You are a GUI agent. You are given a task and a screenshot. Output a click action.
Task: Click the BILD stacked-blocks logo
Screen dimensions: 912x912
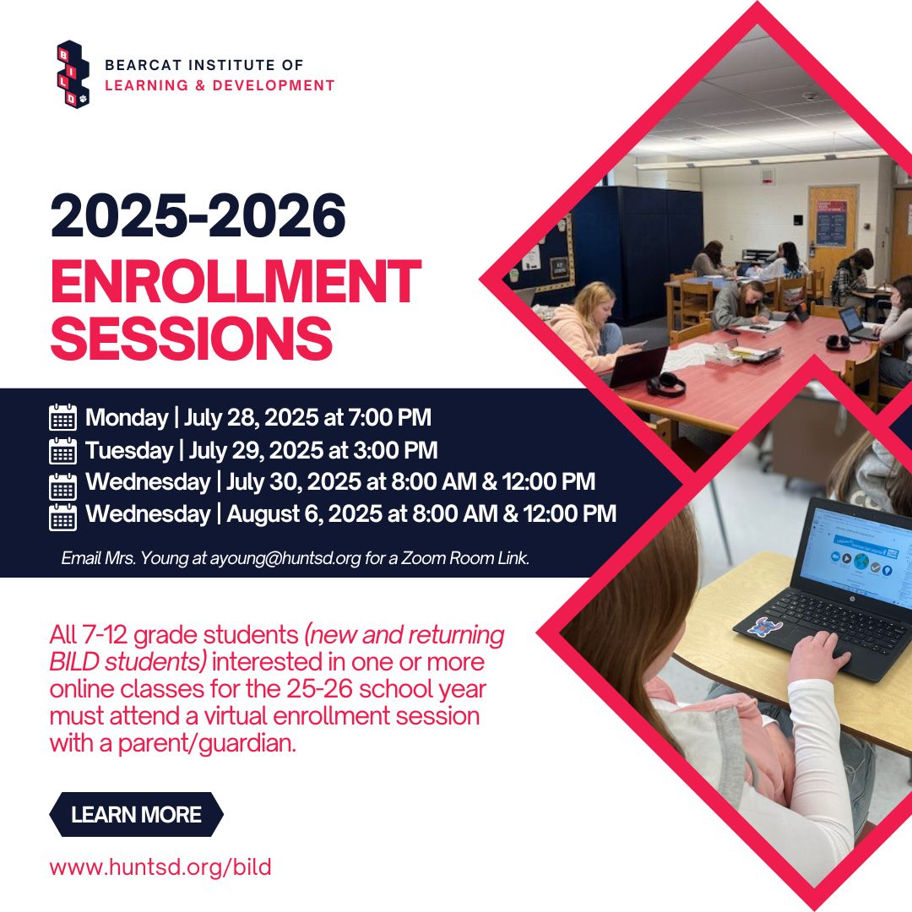[73, 73]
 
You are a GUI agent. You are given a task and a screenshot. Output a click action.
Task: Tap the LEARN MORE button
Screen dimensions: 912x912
[136, 814]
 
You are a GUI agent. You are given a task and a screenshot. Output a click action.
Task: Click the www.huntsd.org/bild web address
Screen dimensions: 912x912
[160, 866]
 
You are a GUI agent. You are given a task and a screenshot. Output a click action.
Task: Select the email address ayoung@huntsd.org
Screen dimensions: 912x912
[285, 558]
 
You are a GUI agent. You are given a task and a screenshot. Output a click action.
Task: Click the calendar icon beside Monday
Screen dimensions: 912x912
[62, 418]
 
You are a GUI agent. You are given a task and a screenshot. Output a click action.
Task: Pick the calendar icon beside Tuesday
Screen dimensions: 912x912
[62, 451]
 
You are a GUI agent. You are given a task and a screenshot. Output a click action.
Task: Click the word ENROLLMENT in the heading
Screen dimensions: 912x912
[236, 282]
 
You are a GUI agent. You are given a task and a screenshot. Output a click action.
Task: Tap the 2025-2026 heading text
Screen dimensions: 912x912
[198, 216]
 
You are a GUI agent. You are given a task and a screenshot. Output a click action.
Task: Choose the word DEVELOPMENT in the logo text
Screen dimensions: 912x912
[274, 85]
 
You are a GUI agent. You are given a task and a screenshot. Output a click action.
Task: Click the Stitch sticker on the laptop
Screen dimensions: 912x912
[764, 628]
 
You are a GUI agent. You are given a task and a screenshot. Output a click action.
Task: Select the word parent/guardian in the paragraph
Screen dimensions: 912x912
[207, 744]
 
